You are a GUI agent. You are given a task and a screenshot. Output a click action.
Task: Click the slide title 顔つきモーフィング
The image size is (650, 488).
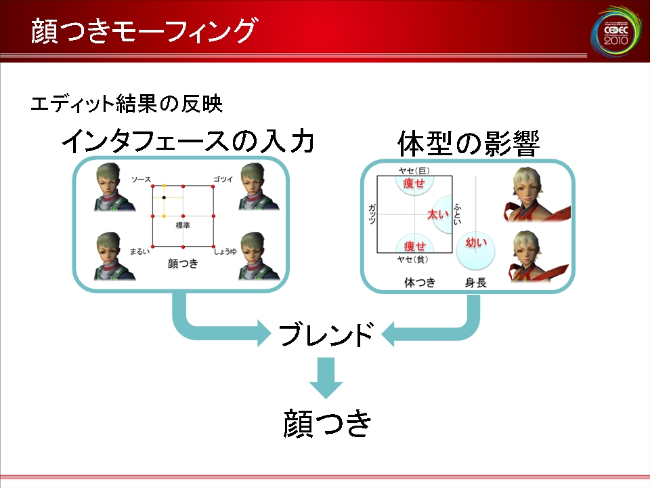144,30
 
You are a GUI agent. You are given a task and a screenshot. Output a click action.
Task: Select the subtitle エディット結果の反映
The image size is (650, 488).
127,104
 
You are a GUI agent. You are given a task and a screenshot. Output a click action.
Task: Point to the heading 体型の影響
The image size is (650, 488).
468,143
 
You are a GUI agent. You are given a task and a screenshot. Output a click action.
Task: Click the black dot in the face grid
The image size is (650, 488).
164,197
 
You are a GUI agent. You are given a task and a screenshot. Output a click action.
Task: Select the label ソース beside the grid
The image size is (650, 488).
141,179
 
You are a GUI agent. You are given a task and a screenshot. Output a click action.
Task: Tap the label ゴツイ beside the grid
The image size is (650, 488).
223,179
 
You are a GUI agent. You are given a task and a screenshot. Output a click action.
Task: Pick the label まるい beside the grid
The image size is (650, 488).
139,251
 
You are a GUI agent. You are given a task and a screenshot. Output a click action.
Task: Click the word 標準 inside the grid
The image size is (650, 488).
183,225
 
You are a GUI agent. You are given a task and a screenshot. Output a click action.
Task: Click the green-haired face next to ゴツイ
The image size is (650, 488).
258,186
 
